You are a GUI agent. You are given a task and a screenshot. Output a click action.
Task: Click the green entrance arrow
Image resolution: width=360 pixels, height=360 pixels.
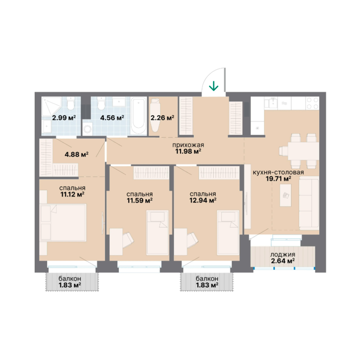click(214, 86)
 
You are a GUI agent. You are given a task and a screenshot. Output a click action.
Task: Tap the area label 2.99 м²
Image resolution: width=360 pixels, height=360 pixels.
click(64, 118)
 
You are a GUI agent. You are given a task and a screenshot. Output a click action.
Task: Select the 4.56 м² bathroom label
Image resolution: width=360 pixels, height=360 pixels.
click(112, 118)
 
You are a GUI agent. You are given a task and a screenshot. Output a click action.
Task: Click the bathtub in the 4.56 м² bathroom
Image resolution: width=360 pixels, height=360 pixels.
click(138, 116)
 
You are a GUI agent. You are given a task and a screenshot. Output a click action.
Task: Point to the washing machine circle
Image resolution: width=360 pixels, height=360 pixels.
click(88, 129)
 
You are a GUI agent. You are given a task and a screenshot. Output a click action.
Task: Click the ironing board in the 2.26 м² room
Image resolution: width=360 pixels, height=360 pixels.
click(155, 115)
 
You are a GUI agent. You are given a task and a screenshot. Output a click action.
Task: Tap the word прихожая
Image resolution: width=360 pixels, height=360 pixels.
click(188, 145)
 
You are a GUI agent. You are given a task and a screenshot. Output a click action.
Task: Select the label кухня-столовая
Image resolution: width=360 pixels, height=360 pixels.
click(278, 172)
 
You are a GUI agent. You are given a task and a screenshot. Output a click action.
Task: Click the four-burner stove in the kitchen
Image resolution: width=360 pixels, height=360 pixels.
click(313, 103)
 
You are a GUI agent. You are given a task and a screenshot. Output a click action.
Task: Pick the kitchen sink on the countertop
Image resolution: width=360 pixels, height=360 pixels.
click(272, 103)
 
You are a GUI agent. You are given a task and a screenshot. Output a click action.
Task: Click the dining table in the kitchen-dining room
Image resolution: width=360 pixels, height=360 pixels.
click(303, 151)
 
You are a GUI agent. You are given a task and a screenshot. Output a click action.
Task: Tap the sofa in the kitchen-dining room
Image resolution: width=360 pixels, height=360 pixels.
click(309, 203)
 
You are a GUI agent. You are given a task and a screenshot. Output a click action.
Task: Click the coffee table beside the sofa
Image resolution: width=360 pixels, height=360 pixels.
click(285, 195)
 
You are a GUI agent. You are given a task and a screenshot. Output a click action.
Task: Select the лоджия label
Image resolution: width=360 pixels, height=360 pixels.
click(283, 255)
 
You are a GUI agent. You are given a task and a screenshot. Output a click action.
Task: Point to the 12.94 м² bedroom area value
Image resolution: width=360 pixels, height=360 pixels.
click(202, 201)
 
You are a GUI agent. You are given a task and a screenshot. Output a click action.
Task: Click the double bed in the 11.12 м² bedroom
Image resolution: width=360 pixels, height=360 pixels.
click(63, 223)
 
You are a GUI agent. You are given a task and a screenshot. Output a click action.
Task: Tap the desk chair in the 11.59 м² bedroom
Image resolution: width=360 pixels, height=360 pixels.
click(127, 240)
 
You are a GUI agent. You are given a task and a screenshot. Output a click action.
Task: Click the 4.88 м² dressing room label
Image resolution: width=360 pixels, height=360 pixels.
click(76, 155)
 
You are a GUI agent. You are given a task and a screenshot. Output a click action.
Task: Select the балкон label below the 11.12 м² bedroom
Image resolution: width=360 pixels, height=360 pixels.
click(69, 279)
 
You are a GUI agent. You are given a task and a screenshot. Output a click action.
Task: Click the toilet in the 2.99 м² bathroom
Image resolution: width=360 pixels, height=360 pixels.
click(71, 104)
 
